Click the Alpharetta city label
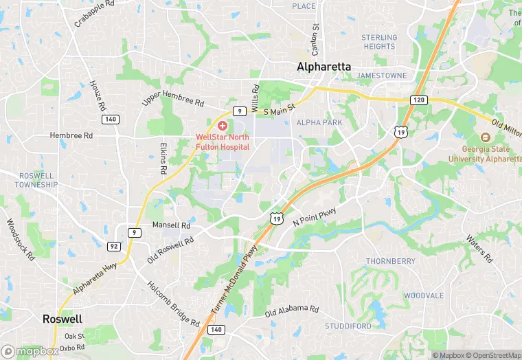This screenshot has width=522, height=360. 324,67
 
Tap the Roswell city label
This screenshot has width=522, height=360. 63,319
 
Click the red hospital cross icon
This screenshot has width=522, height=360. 222,126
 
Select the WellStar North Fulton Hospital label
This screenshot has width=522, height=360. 223,142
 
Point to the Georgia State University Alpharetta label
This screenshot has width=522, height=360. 485,154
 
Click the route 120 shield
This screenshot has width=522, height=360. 419,100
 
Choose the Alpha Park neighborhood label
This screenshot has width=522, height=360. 319,122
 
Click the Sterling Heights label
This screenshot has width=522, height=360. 379,42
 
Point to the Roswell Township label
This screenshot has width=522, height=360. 37,180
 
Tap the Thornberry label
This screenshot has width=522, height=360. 390,261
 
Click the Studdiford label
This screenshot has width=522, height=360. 349,326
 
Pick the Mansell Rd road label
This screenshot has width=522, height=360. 171,225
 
